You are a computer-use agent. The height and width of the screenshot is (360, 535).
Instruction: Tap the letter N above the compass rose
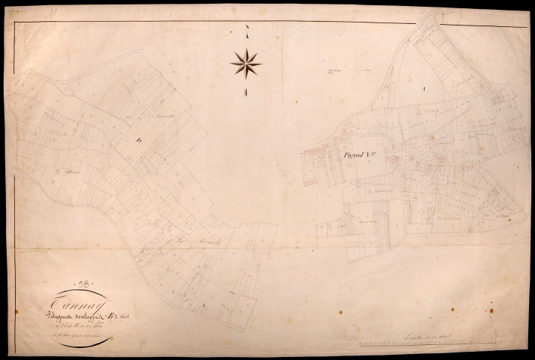(x=246, y=29)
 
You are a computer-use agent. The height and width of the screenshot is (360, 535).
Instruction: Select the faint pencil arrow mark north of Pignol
(x=331, y=72)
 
